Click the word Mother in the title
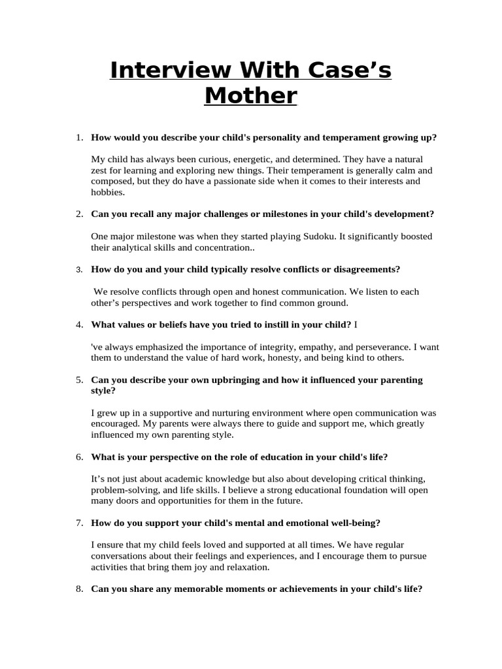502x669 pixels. (x=250, y=96)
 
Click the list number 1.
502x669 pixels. (x=78, y=138)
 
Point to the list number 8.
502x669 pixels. (x=78, y=589)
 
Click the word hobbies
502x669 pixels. (x=107, y=192)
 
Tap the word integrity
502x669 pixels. (x=267, y=346)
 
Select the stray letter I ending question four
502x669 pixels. (x=356, y=325)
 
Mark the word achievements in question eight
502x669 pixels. (x=287, y=589)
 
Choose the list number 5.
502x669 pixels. (x=78, y=380)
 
